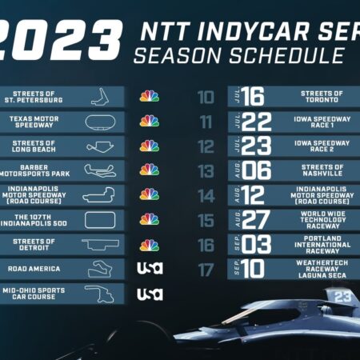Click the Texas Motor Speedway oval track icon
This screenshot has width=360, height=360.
pos(101,122)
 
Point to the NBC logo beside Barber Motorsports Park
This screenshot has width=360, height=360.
pos(150,170)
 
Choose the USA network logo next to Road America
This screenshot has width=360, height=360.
pos(150,269)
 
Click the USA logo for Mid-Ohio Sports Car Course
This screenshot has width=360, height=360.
pos(150,294)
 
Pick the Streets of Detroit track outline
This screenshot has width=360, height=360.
pos(101,244)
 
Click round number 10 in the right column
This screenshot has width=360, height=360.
pos(206,97)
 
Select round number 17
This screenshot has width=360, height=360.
pos(206,269)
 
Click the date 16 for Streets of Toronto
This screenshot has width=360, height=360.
pos(253,97)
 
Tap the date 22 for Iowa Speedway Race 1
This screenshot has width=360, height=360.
pos(253,122)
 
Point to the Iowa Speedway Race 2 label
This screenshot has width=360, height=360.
pos(322,146)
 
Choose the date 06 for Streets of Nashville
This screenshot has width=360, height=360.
pos(253,170)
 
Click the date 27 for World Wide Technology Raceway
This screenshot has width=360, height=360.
pos(253,220)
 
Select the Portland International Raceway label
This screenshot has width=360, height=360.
pos(322,244)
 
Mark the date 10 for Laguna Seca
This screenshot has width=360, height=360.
pos(253,269)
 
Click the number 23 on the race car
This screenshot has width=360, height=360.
pos(343,296)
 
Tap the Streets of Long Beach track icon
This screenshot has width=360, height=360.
pos(101,146)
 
